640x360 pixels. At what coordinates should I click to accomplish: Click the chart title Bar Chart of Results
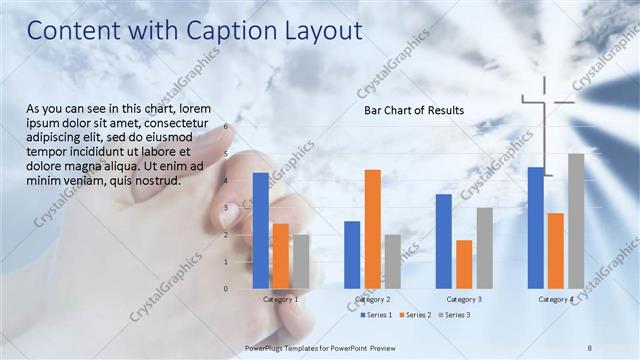click(x=413, y=110)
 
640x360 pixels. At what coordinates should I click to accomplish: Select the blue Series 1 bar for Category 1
click(x=260, y=231)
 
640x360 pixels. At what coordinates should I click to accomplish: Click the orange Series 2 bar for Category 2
click(x=372, y=229)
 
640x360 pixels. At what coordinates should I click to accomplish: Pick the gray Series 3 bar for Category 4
click(x=576, y=221)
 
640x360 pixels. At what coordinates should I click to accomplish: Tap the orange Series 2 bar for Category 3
click(x=464, y=264)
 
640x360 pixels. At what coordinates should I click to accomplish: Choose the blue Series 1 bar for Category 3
click(x=444, y=241)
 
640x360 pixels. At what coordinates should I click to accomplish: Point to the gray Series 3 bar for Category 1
click(x=301, y=261)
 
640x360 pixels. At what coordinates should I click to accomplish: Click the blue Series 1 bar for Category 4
click(x=536, y=228)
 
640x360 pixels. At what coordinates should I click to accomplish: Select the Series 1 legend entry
click(x=377, y=315)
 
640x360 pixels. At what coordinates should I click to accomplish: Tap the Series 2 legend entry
click(x=415, y=315)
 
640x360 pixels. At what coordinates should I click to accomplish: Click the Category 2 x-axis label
click(x=372, y=299)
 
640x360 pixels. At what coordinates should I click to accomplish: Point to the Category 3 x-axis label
click(x=464, y=299)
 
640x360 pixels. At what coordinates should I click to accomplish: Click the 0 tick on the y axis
click(x=226, y=289)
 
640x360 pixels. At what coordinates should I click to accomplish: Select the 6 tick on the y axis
click(x=226, y=127)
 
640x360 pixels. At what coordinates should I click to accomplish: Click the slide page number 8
click(x=590, y=348)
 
